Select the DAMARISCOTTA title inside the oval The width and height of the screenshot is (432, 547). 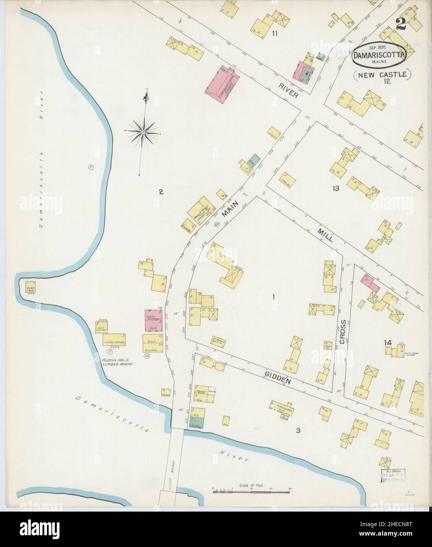[x=379, y=56]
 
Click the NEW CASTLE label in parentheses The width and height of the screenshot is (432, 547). [x=382, y=74]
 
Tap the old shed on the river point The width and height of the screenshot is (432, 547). [x=31, y=287]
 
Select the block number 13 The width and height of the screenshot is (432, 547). [x=335, y=188]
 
